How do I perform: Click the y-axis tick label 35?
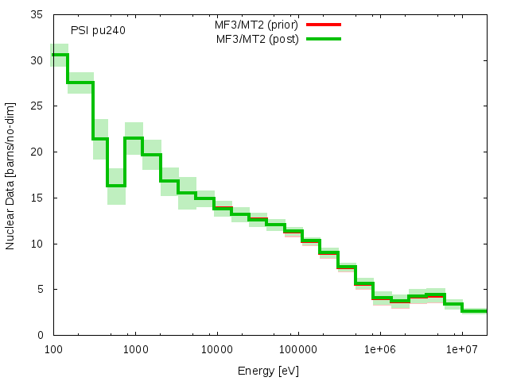point(37,14)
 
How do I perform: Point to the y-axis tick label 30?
point(37,60)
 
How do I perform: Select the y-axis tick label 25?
point(37,106)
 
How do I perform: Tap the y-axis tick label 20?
point(37,152)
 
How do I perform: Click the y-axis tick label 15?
point(37,198)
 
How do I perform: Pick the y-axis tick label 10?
point(37,244)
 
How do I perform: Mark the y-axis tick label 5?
point(41,289)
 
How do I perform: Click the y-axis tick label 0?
point(41,335)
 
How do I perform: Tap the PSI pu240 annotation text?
point(98,30)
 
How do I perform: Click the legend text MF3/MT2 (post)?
point(258,38)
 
